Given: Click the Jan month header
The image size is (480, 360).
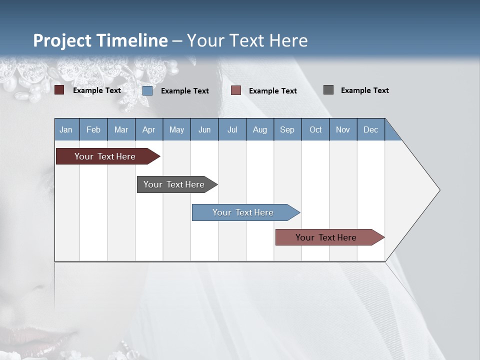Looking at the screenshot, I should click(x=66, y=129).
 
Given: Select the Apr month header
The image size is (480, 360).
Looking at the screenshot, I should click(x=148, y=129).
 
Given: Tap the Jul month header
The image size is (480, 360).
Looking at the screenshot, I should click(x=232, y=129).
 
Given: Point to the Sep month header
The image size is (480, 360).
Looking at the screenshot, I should click(x=287, y=129).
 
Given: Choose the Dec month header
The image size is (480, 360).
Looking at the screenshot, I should click(x=370, y=129).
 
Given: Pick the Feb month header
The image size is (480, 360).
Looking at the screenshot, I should click(x=93, y=129).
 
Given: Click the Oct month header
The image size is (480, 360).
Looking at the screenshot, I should click(x=315, y=129).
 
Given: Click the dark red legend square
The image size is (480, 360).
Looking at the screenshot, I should click(x=59, y=90).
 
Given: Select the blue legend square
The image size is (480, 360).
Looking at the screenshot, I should click(x=147, y=90).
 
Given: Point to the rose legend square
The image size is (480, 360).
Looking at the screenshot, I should click(x=236, y=90).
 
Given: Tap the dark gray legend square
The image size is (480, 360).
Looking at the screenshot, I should click(x=328, y=90).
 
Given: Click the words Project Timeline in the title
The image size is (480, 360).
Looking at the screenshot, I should click(x=100, y=40).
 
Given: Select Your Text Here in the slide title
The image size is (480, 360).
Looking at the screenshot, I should click(x=247, y=40).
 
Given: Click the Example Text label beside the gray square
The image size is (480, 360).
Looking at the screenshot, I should click(x=364, y=90).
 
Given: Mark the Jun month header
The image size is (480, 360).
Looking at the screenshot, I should click(x=204, y=129).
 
